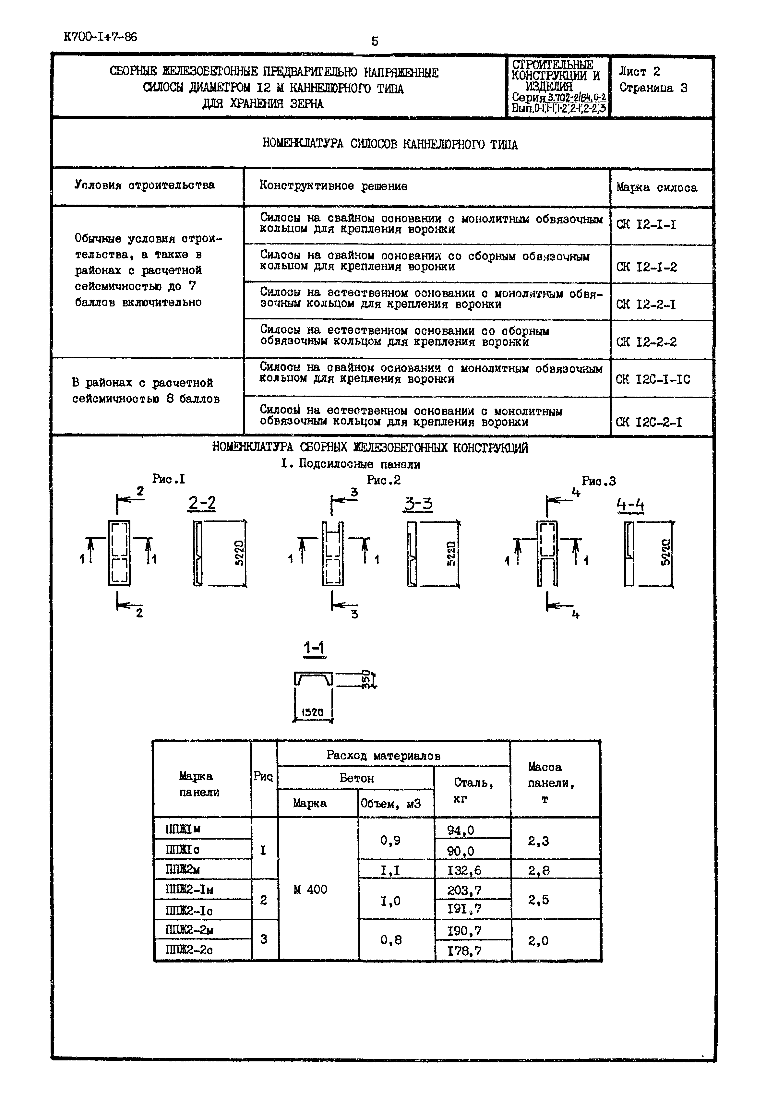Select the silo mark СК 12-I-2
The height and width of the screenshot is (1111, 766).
(646, 267)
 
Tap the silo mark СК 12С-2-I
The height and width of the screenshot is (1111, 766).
(648, 422)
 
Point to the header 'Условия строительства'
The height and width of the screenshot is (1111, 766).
(144, 185)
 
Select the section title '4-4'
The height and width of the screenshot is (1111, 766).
(630, 505)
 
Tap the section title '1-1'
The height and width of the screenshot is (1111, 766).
(314, 648)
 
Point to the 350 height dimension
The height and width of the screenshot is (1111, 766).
(366, 679)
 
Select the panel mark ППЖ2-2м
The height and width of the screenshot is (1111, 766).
(189, 930)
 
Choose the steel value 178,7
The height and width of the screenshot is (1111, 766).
(464, 950)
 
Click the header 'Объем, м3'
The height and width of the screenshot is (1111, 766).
(390, 803)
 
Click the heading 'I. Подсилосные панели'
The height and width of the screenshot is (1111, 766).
(350, 464)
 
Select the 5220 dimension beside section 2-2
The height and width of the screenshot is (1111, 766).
(239, 553)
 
